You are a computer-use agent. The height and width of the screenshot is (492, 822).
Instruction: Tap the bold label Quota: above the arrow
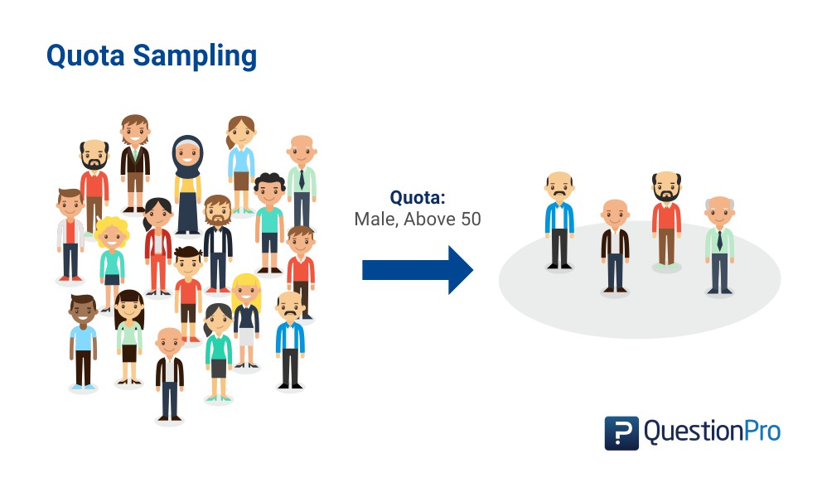point(418,199)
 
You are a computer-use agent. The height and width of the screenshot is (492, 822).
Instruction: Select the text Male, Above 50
point(418,219)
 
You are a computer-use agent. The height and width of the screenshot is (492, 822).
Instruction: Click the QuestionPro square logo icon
point(621,432)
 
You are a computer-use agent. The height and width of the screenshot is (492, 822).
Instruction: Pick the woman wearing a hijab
point(187,182)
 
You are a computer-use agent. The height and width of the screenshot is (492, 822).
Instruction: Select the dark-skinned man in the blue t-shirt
point(83,340)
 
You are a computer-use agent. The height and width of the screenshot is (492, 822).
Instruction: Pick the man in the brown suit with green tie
point(135,162)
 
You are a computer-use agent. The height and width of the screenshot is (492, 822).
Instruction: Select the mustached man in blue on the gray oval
point(560,219)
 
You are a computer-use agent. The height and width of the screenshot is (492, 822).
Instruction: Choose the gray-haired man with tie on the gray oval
point(719,244)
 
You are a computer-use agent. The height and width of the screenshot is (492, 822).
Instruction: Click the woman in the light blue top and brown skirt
point(241,162)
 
